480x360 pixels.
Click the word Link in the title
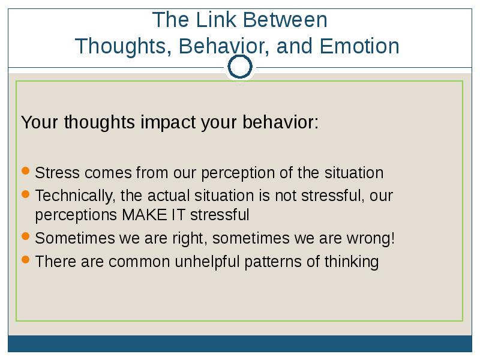click(x=216, y=20)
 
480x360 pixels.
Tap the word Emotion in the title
click(x=359, y=46)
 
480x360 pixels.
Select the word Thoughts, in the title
click(x=123, y=47)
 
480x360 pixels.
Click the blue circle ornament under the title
click(x=240, y=67)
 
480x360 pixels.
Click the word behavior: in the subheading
click(x=280, y=122)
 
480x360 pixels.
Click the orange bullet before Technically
click(x=26, y=194)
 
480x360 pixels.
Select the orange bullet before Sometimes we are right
click(x=26, y=236)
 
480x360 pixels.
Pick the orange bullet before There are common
click(x=26, y=260)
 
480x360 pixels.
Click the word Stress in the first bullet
click(x=57, y=173)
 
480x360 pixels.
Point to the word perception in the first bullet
click(x=238, y=173)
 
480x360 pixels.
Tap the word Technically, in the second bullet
click(x=76, y=196)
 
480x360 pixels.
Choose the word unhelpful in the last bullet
click(x=207, y=262)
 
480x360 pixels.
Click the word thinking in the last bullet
click(x=352, y=262)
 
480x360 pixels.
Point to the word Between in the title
click(x=286, y=20)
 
